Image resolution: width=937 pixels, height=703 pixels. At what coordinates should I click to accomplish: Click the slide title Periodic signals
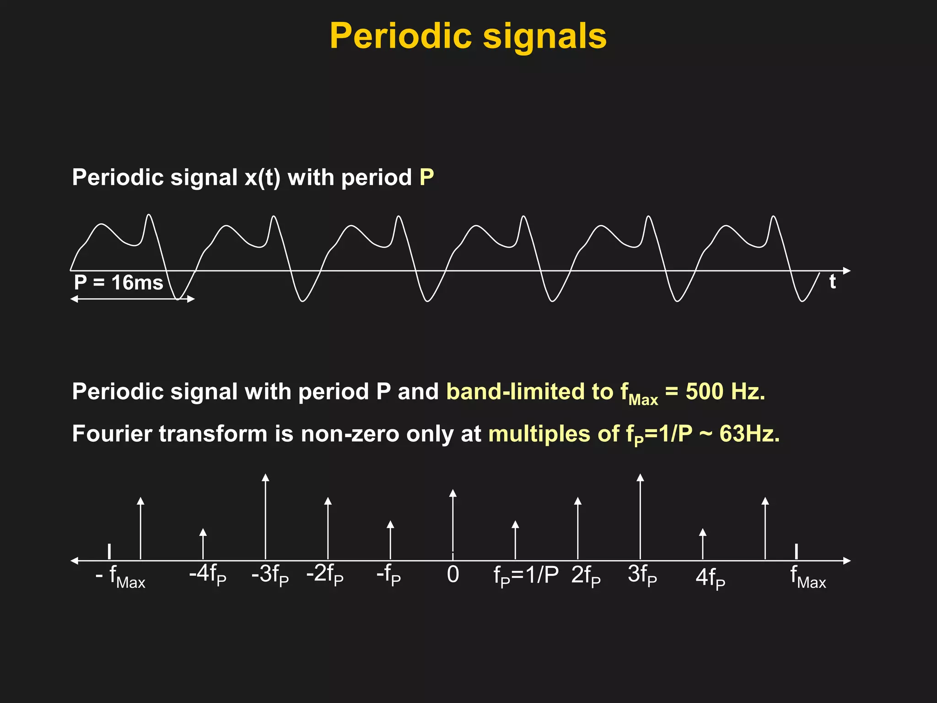468,37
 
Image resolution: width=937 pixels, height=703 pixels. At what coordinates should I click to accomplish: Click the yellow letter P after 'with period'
426,177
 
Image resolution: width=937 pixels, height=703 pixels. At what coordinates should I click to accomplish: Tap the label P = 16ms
118,282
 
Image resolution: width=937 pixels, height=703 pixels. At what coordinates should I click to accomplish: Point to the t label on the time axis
832,281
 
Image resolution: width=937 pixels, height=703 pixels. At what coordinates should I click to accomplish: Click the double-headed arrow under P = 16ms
133,299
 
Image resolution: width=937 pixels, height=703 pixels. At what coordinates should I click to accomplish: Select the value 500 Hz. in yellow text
725,392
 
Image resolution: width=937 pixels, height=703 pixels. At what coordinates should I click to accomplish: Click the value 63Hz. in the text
749,433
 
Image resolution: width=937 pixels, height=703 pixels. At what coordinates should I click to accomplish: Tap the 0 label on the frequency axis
452,574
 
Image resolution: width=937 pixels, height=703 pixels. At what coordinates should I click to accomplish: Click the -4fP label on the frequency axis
207,574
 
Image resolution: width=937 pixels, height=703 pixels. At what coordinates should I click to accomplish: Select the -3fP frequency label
270,574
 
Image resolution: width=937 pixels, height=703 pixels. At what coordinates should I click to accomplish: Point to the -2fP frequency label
324,574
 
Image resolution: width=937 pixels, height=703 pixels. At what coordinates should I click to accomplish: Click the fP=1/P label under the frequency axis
526,575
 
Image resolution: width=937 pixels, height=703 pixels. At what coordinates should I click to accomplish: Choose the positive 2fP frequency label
586,575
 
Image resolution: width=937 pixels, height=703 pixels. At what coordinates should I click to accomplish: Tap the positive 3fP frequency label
642,574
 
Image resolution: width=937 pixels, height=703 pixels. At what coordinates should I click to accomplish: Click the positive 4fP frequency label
710,578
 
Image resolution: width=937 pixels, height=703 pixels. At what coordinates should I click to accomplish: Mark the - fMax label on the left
120,577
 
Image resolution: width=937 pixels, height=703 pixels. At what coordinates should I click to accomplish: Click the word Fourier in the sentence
112,433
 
